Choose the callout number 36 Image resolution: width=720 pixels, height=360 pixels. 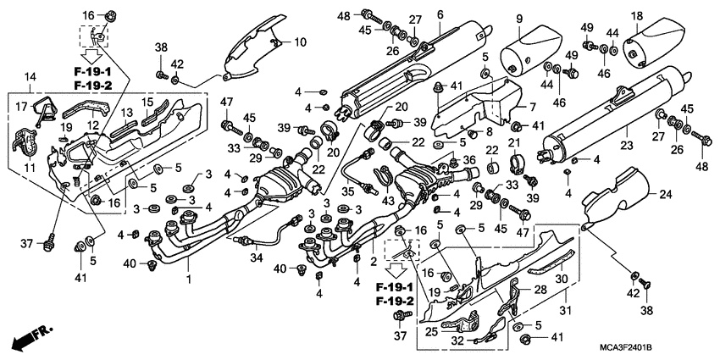click(468, 158)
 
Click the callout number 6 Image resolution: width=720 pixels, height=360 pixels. click(440, 14)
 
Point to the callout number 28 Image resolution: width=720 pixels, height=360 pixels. click(540, 290)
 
